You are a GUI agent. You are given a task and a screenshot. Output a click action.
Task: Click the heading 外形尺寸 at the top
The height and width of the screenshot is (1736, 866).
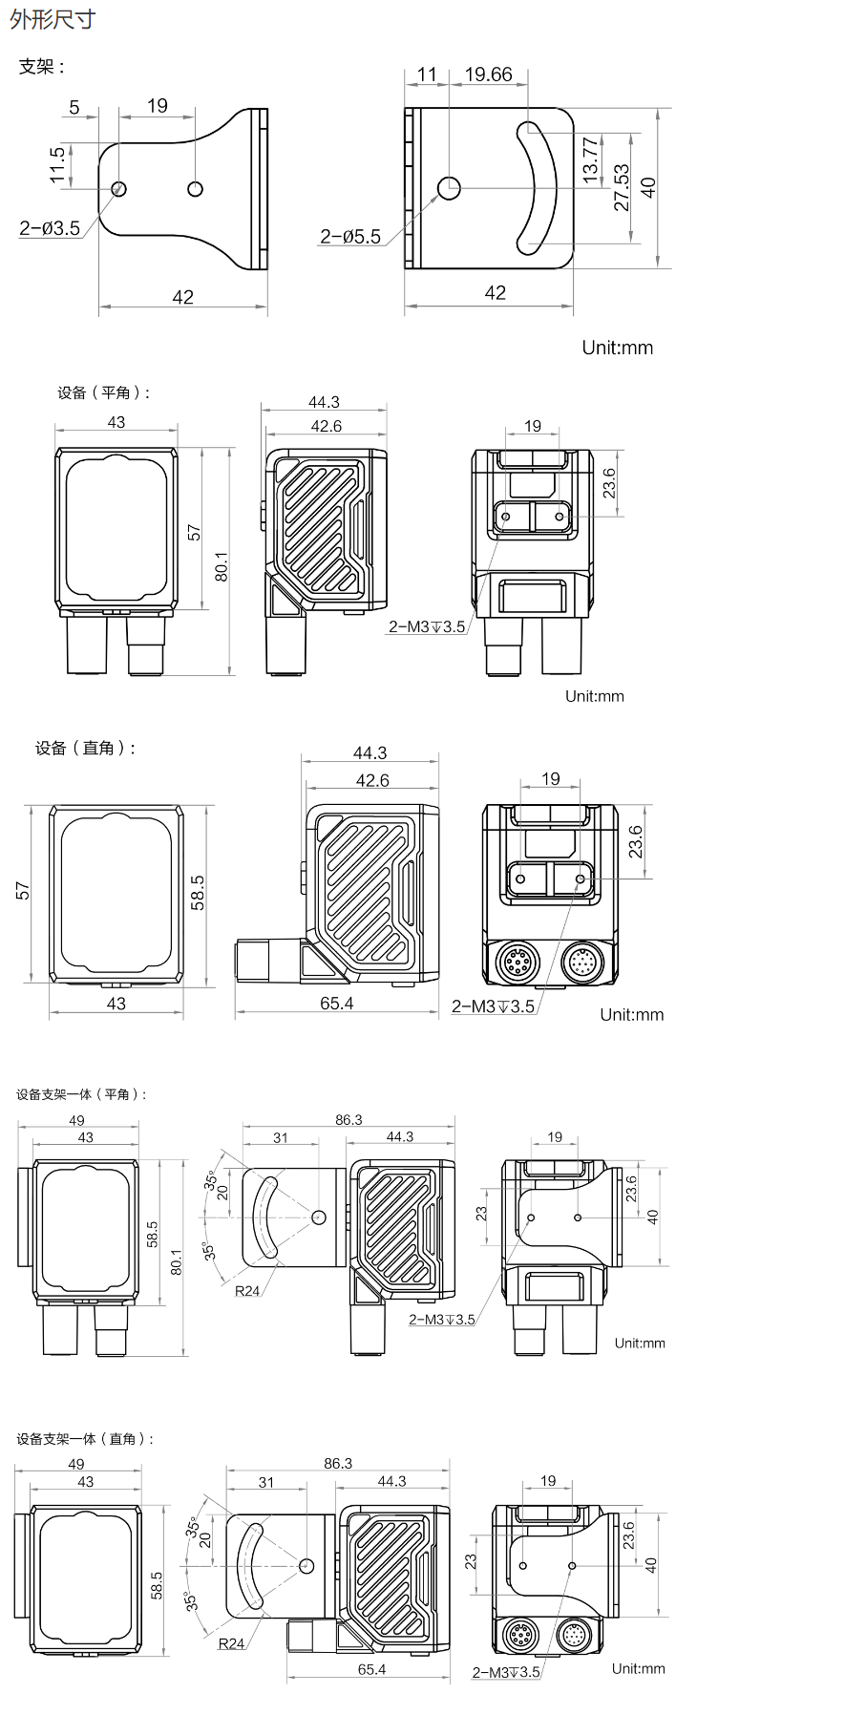pos(53,19)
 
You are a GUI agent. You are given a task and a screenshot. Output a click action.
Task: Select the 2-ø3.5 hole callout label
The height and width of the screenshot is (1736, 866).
pos(50,228)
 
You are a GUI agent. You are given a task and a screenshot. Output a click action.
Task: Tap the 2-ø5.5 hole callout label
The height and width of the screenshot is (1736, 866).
pos(350,237)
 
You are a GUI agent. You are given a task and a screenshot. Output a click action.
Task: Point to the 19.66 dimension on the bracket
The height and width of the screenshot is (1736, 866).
pos(488,74)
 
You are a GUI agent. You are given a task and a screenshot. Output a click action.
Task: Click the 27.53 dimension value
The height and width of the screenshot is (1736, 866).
pos(622,187)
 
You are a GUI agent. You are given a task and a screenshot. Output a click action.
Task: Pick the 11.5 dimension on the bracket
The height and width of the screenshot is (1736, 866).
pos(57,164)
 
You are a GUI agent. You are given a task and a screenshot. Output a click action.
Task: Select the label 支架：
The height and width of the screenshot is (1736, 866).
pos(42,67)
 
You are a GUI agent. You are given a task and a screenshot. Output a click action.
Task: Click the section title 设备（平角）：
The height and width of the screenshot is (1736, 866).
pos(103,392)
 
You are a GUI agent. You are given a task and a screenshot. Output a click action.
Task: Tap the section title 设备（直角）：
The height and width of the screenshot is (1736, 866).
pos(86,748)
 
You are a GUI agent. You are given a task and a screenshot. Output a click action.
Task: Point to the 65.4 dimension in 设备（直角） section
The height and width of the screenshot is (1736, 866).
pos(337,1004)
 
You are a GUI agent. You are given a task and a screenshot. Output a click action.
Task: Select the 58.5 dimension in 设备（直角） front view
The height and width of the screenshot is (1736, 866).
pos(198,893)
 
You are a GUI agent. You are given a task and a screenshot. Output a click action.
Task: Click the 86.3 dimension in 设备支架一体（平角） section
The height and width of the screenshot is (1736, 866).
pos(349,1119)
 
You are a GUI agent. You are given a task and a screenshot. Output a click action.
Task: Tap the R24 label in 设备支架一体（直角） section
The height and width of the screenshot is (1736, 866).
pos(231,1643)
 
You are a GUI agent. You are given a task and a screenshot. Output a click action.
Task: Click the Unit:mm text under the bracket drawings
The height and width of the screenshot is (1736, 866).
pos(618,348)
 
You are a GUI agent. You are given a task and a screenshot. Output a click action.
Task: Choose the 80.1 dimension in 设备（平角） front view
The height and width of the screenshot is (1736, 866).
pos(222,566)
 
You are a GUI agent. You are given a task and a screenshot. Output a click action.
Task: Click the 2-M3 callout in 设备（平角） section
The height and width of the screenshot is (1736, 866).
pos(427,626)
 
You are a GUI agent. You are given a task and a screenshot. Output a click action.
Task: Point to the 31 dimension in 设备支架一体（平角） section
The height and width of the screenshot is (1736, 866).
pos(280,1137)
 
